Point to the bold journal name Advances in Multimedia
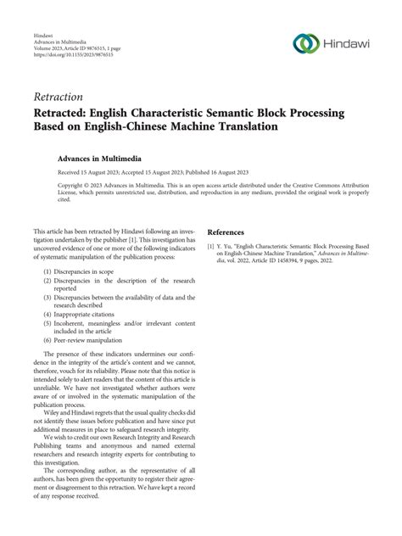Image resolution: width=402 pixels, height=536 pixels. click(99, 158)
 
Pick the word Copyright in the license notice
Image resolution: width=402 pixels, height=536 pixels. click(73, 182)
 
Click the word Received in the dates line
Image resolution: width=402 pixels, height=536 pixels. click(70, 170)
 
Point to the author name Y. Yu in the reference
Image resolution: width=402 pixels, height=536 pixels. click(228, 246)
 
